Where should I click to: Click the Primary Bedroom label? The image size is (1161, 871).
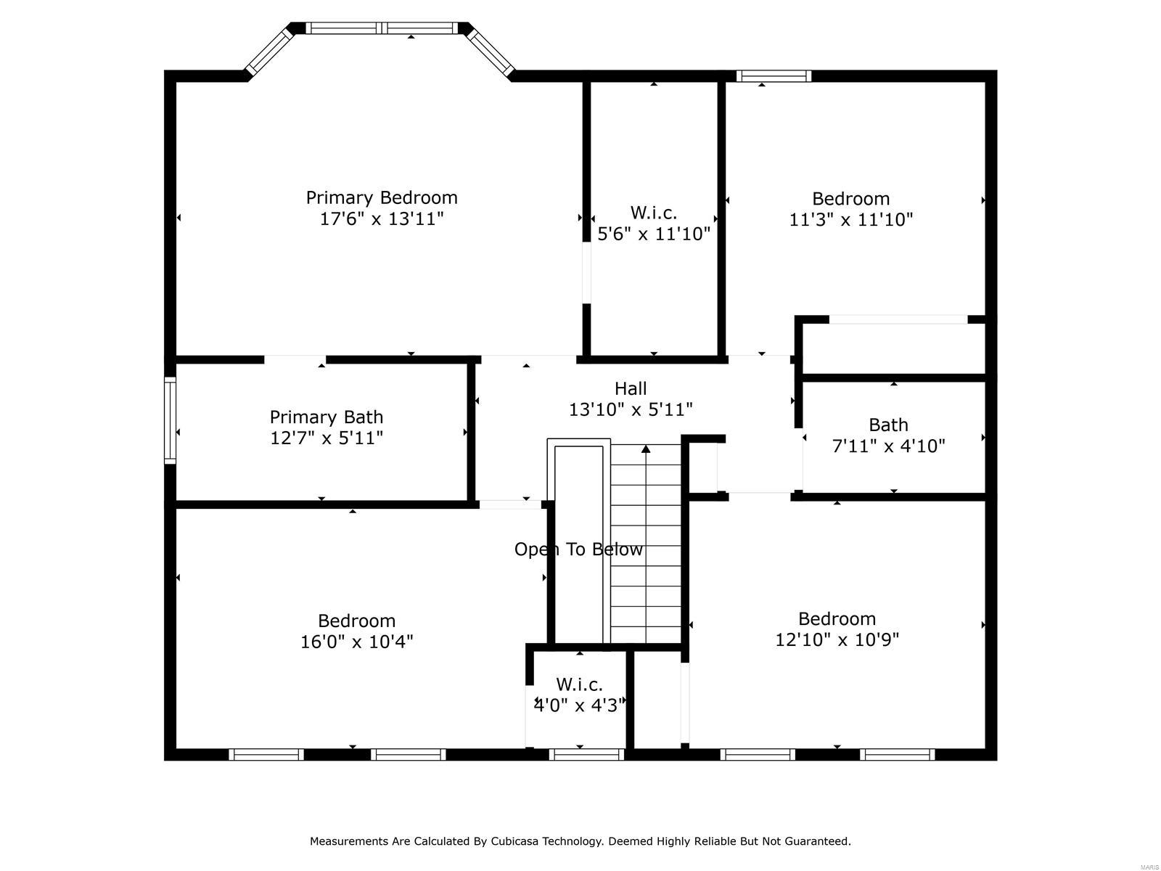pos(381,197)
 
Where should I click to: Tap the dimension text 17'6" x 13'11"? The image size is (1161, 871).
pos(381,218)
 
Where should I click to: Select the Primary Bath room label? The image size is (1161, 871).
pos(326,417)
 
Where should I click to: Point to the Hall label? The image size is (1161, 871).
pos(630,388)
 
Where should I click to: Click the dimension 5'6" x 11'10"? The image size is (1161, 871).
pos(653,234)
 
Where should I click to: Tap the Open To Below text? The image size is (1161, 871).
pos(578,549)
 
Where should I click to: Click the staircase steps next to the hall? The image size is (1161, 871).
pos(645,566)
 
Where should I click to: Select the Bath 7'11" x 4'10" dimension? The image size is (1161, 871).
pos(888,446)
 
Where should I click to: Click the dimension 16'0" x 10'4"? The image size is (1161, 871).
pos(356,642)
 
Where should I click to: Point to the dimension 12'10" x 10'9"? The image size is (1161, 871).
pos(837,639)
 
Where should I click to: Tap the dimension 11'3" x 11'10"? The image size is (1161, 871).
pos(850,219)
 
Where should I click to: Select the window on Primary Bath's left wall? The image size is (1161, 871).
pos(170,420)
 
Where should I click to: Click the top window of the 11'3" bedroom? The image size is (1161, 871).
pos(774,75)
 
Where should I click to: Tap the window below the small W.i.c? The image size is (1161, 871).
pos(586,755)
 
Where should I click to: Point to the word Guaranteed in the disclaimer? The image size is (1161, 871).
pos(818,841)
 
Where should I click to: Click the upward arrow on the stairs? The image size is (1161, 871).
pos(646,449)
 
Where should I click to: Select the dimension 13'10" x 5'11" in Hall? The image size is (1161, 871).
pos(630,409)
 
